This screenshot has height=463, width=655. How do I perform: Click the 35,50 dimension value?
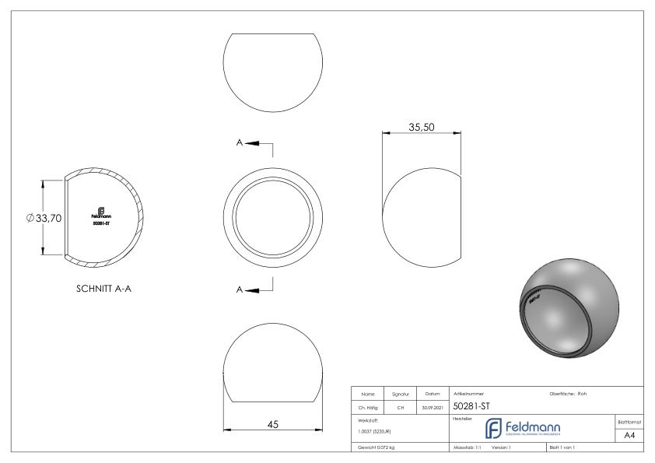point(421,126)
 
